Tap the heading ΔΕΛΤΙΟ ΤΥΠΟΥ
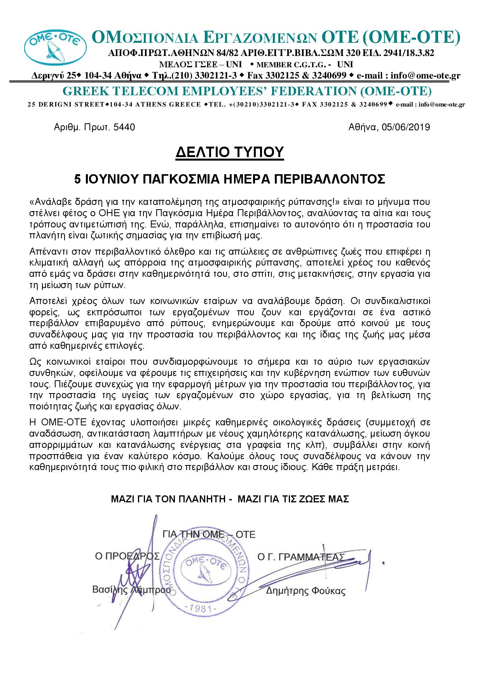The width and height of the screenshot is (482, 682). pos(229,152)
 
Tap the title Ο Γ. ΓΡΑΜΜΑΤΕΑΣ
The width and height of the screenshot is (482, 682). pos(301,557)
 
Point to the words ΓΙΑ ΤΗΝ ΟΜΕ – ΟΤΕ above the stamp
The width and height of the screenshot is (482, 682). pos(209,535)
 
